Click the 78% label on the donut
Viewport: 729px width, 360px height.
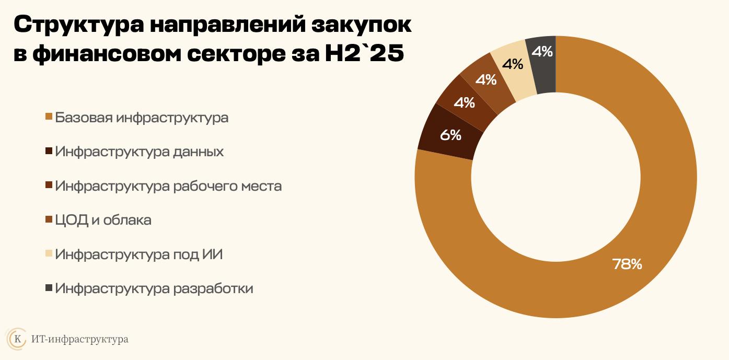(x=627, y=264)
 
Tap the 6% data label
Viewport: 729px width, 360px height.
(x=450, y=135)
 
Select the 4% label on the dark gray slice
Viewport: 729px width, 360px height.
(x=542, y=51)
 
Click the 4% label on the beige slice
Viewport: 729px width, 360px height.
(x=512, y=64)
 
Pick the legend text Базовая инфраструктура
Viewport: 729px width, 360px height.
(x=142, y=118)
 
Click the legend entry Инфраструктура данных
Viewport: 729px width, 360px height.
(x=140, y=152)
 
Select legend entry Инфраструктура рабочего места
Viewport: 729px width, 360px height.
(x=168, y=186)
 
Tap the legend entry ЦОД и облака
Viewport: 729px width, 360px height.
(x=103, y=220)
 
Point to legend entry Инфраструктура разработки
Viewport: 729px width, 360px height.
(x=154, y=288)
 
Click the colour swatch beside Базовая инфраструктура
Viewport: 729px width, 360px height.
(x=49, y=118)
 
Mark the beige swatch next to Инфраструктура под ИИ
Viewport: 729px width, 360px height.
(x=49, y=255)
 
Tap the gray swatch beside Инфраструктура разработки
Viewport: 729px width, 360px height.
(x=49, y=289)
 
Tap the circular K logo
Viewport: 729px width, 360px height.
(x=16, y=339)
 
